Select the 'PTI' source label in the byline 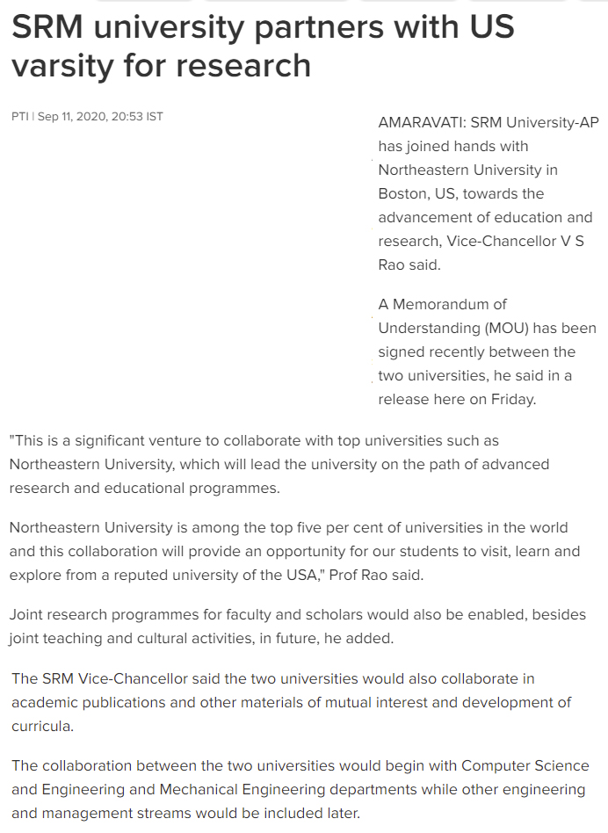point(19,116)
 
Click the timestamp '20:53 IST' point(137,116)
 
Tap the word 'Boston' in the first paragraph point(402,193)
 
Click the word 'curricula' point(40,726)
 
